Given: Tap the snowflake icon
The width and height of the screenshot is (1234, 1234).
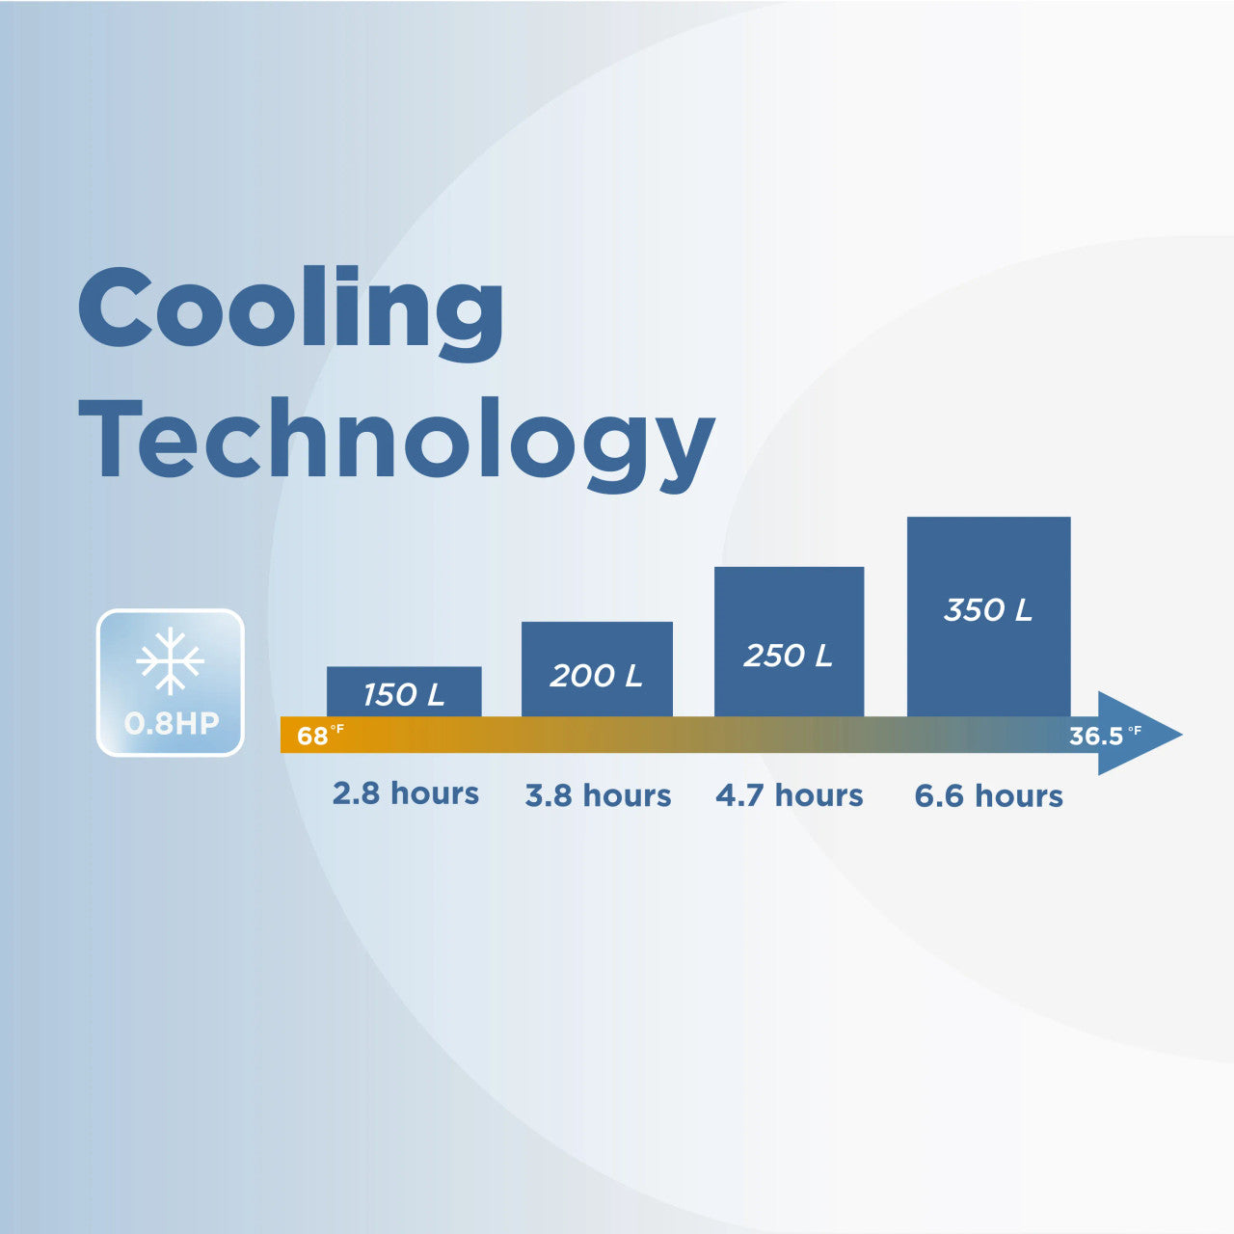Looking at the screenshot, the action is click(171, 661).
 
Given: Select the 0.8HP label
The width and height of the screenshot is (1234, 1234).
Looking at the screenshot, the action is click(172, 723).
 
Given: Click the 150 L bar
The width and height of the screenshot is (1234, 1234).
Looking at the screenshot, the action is click(404, 691).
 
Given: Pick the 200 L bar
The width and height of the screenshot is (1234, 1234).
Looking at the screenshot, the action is click(597, 669).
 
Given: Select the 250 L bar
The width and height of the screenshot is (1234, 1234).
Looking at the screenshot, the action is click(789, 642).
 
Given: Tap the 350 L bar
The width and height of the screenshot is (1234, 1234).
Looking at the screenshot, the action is click(989, 617).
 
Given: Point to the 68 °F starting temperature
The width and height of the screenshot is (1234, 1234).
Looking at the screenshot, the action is click(320, 736).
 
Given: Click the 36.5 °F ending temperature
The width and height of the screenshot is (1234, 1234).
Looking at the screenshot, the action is click(1105, 736).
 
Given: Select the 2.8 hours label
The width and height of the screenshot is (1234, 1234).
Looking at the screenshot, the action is click(406, 793).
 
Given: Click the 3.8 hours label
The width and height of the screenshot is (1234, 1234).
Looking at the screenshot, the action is click(598, 795).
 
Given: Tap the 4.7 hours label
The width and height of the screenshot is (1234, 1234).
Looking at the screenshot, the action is click(790, 795).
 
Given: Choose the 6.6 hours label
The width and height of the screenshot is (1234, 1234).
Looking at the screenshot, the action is click(989, 796).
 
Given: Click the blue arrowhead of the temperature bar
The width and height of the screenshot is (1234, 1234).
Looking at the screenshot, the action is click(1134, 734).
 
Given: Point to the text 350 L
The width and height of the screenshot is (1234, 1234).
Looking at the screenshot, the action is click(988, 609).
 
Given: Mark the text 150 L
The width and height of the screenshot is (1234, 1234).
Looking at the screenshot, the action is click(404, 695).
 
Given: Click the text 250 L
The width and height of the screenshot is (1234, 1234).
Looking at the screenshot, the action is click(789, 656).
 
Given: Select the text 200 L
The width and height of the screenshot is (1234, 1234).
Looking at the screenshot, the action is click(596, 676).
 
